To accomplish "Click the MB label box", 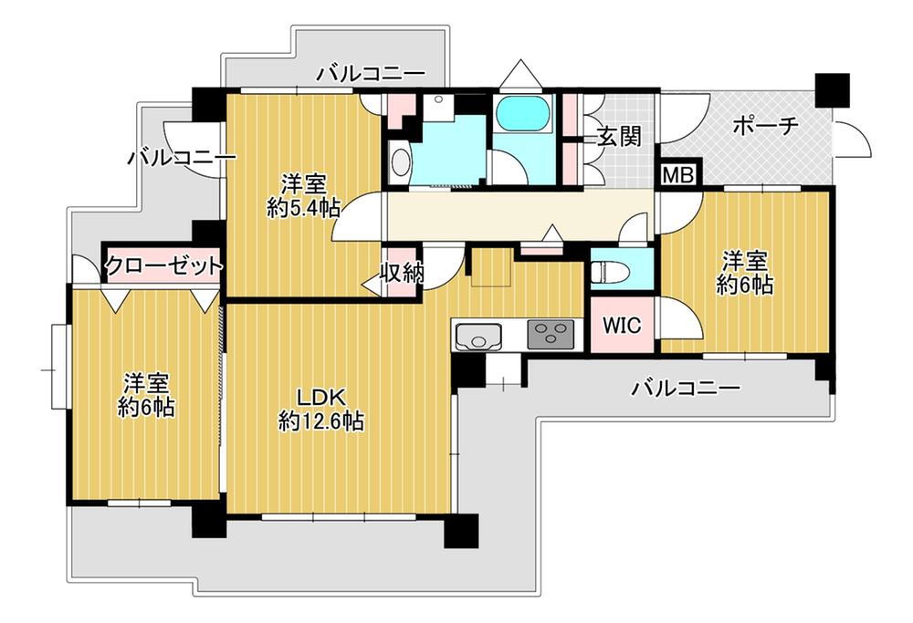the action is [x=679, y=174].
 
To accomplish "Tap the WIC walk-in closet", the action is [x=622, y=325].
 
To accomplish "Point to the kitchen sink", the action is [x=478, y=336].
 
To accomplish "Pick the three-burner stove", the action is [x=551, y=335].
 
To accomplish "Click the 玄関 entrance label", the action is [x=620, y=137].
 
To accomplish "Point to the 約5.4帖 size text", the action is [x=303, y=208].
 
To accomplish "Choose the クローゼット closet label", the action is [x=164, y=265].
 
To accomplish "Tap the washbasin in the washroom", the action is [x=401, y=162].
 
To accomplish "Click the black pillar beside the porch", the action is [x=832, y=90].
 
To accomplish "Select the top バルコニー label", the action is [x=372, y=74].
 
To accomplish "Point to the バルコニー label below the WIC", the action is [x=687, y=388].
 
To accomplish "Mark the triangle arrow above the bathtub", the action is [x=521, y=73].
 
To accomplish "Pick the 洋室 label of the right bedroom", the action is [x=745, y=261].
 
